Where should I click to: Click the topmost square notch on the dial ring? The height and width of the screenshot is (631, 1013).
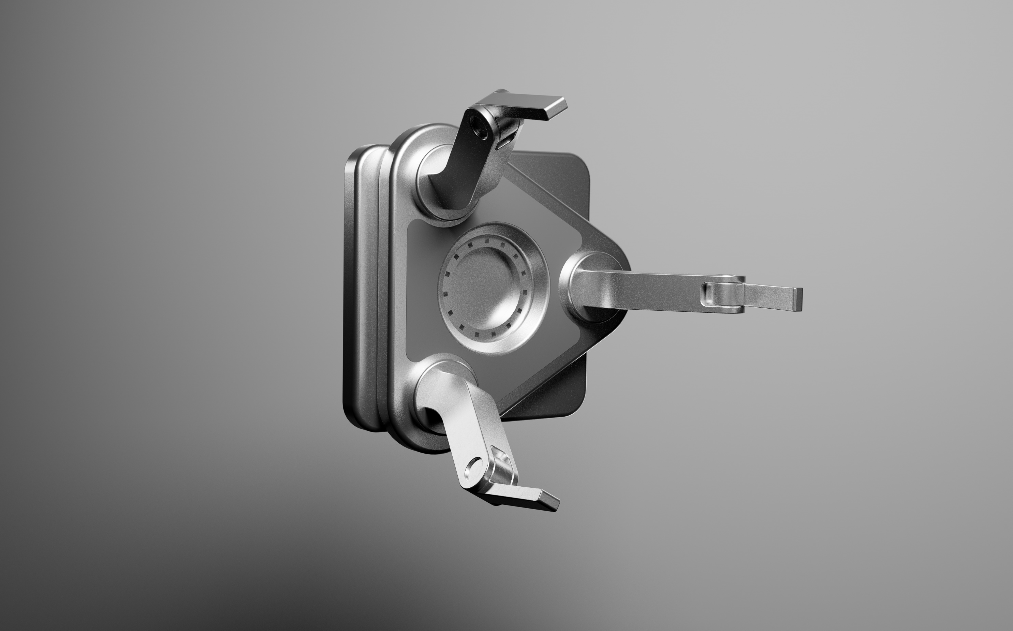click(485, 240)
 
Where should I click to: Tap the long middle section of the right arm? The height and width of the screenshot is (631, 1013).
click(655, 288)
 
